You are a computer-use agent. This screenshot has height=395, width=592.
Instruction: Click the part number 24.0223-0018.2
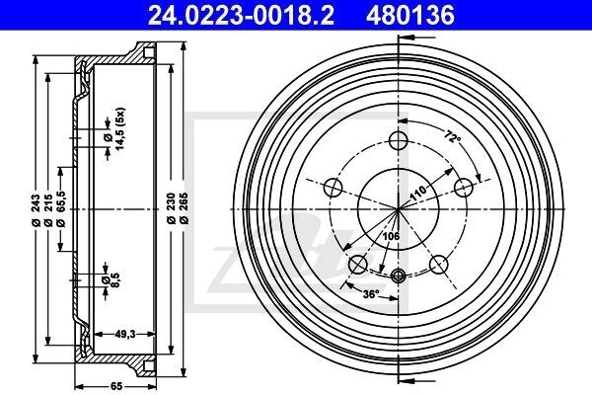click(x=241, y=16)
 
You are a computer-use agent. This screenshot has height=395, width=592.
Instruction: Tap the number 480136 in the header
click(x=410, y=16)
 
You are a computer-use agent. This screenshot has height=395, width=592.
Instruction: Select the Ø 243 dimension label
click(x=36, y=210)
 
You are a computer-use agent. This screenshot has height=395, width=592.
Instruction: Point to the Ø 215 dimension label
click(x=48, y=210)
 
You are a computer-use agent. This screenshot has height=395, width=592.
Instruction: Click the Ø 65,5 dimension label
click(x=61, y=209)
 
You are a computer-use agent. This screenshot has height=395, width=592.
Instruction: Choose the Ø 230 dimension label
click(x=171, y=208)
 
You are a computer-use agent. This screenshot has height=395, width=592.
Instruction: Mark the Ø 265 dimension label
click(x=184, y=208)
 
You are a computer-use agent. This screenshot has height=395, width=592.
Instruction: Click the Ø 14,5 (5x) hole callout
click(x=114, y=128)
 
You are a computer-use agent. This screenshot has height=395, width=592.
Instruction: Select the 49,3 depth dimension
click(x=125, y=334)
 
